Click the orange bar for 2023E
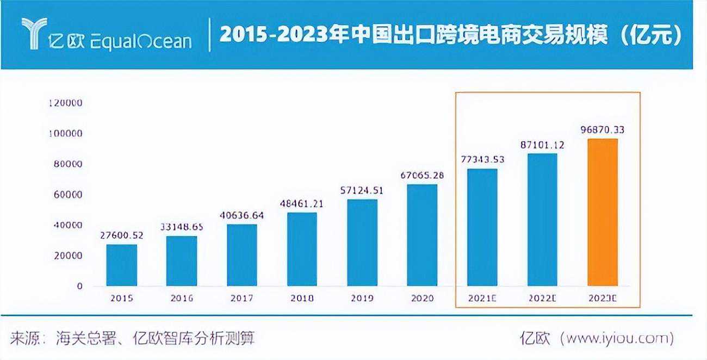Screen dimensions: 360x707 click(x=603, y=212)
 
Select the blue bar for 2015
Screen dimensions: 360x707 click(x=121, y=265)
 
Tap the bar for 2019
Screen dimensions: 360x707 click(x=362, y=243)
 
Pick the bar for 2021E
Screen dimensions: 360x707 click(x=482, y=227)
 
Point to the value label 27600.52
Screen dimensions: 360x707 click(x=122, y=235)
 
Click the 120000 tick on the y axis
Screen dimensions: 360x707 click(x=65, y=103)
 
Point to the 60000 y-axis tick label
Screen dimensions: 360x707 click(x=67, y=195)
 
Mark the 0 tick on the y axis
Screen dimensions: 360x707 click(x=79, y=286)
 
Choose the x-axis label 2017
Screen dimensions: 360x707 click(x=241, y=299)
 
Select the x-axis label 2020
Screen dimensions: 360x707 click(x=423, y=299)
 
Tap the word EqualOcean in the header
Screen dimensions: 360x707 click(x=141, y=41)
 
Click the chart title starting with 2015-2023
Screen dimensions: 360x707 click(x=450, y=36)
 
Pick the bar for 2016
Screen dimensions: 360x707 click(x=182, y=260)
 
